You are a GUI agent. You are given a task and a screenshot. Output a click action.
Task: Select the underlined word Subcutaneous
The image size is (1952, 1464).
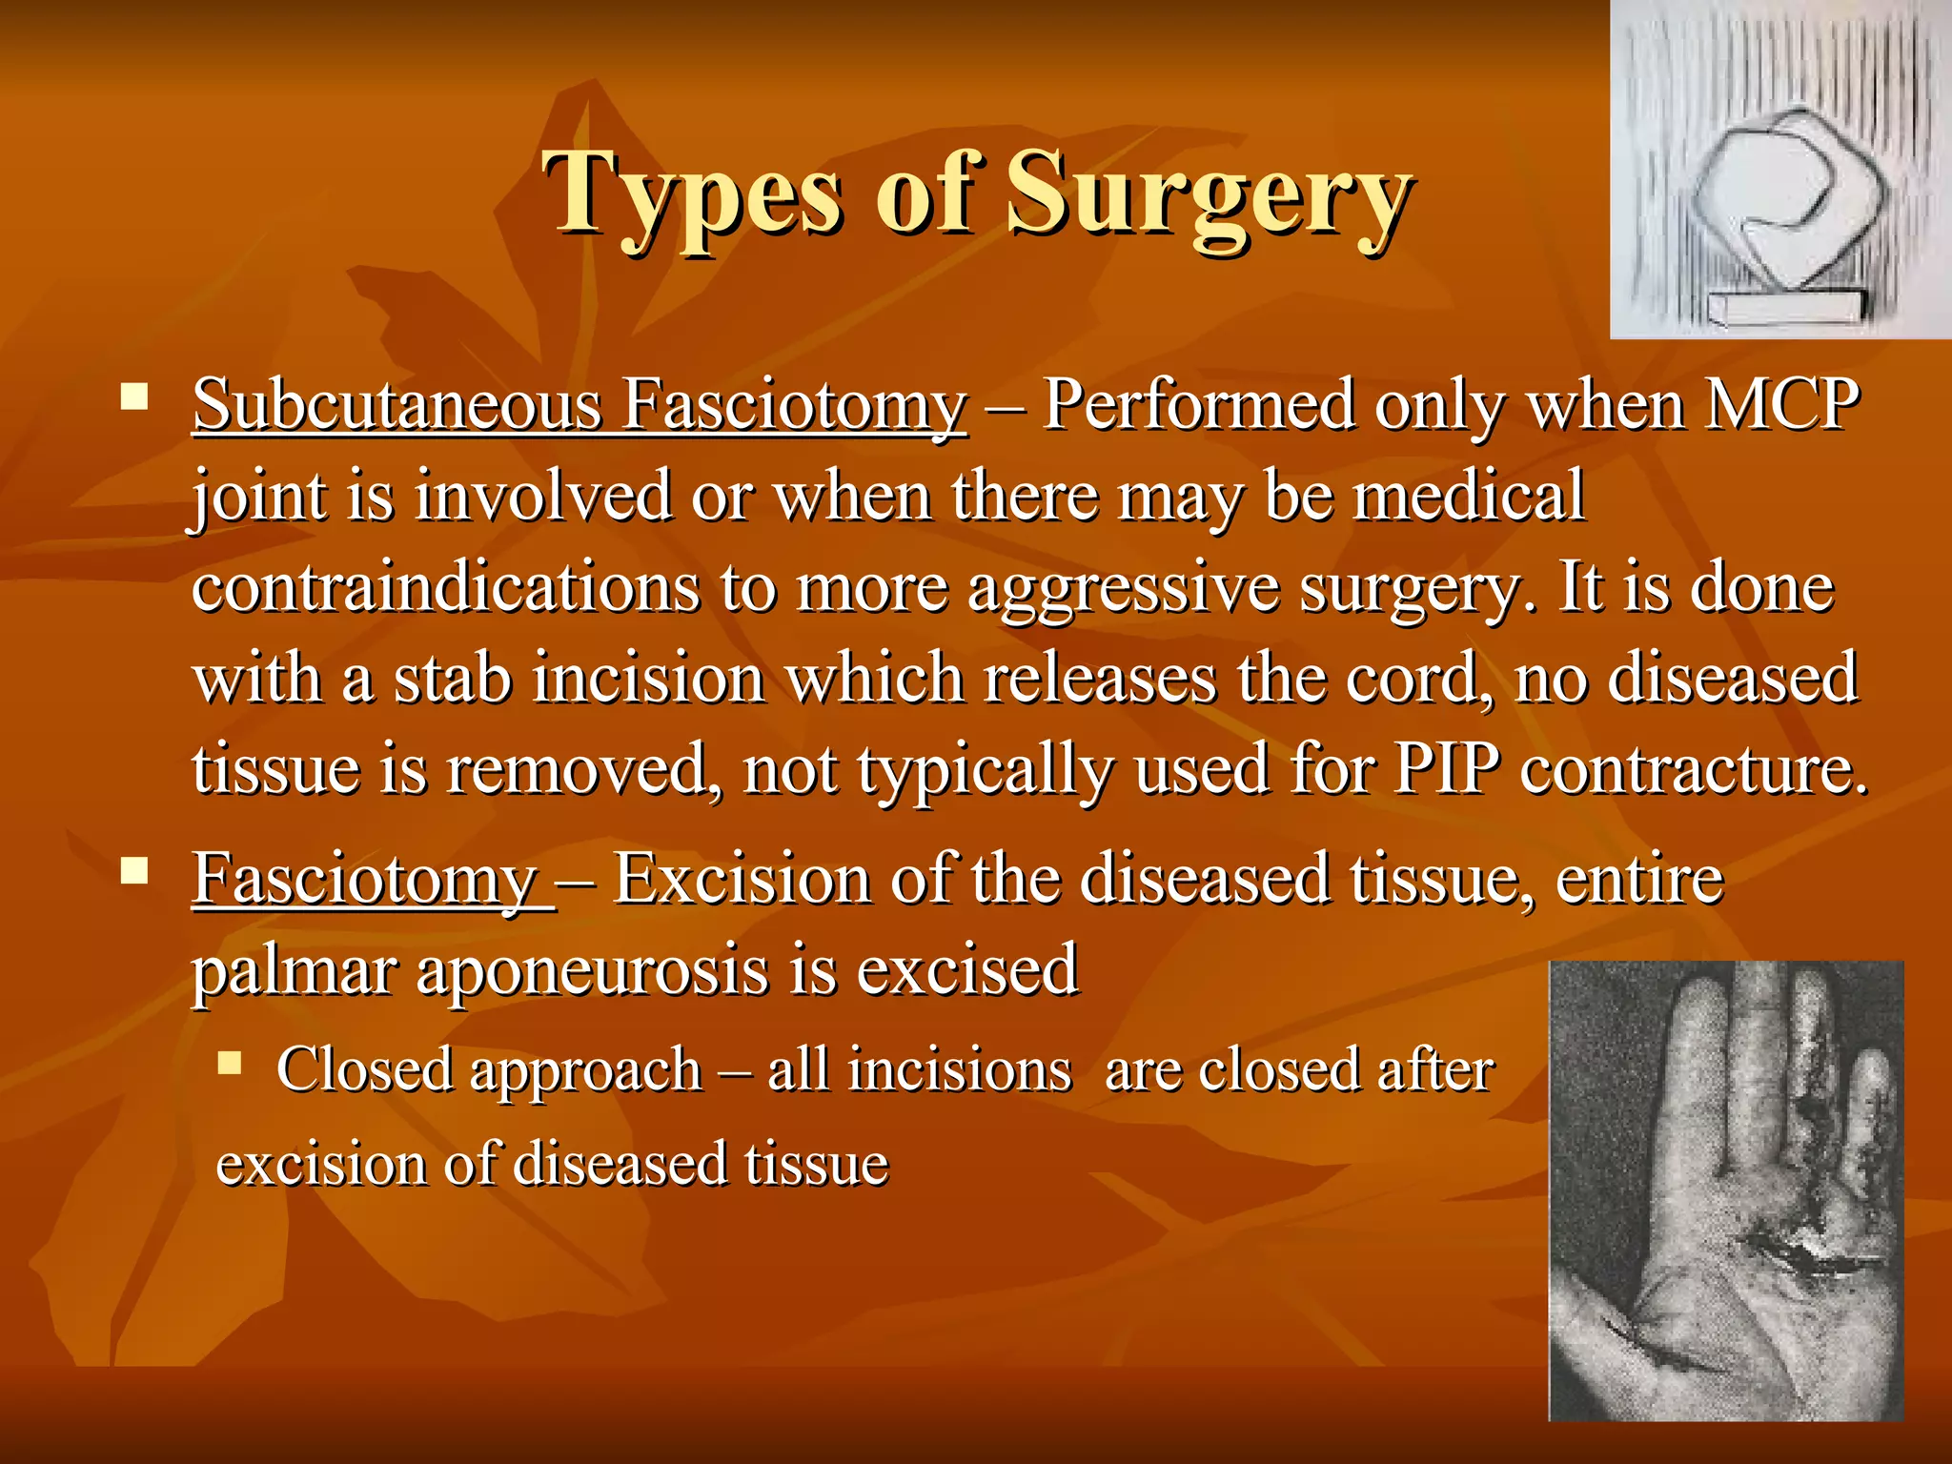click(396, 406)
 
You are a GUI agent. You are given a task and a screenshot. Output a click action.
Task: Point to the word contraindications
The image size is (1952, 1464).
click(445, 587)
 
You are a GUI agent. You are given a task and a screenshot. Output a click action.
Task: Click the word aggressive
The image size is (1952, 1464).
click(1123, 589)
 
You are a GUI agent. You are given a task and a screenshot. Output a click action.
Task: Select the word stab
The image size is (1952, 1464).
click(453, 678)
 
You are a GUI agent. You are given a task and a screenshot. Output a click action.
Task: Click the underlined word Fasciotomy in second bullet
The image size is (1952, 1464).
click(366, 879)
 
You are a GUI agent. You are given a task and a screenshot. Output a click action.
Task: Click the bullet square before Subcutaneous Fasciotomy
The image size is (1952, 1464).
click(134, 396)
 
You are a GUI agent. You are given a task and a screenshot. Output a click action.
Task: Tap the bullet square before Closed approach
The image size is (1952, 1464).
click(230, 1062)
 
